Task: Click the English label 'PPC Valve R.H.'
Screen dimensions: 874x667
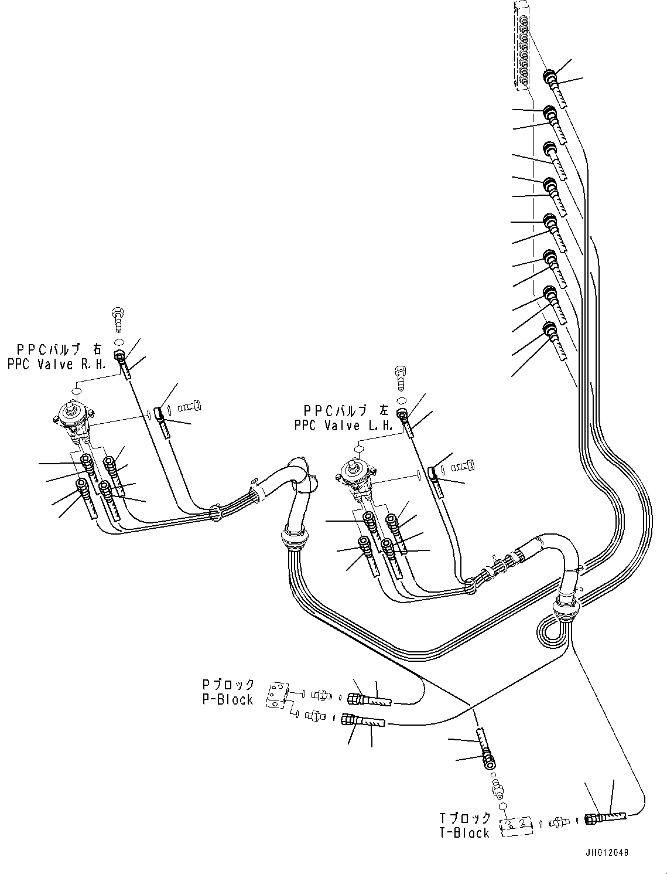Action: point(57,364)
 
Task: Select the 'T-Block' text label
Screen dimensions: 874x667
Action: point(464,832)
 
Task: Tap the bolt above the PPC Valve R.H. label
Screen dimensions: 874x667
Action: point(117,317)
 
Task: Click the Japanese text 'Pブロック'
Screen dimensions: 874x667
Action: point(228,685)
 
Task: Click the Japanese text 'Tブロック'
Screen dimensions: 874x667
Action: point(465,818)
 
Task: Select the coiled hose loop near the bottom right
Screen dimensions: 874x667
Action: point(548,632)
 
